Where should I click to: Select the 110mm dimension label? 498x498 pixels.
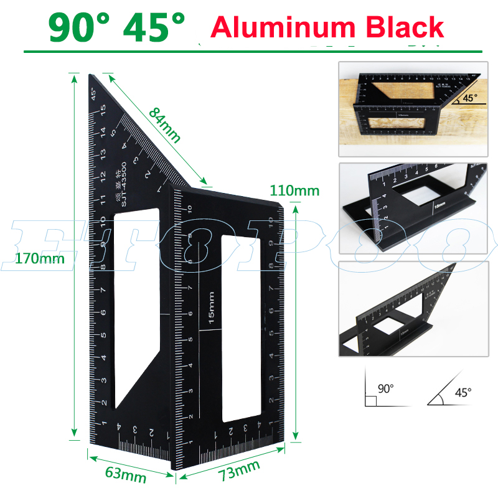[294, 190]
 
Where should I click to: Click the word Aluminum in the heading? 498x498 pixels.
[279, 28]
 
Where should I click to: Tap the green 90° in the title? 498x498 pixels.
[81, 28]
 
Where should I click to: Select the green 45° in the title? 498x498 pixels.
[156, 28]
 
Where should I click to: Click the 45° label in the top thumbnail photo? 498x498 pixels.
[469, 98]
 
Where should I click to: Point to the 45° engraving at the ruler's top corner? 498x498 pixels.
[94, 94]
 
